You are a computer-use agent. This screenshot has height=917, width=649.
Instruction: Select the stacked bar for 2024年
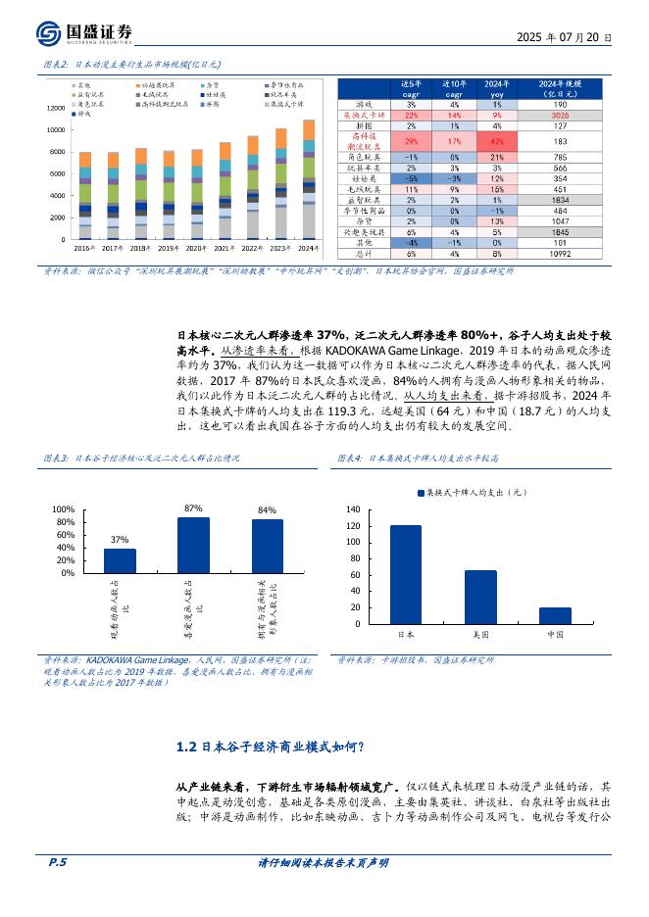coord(309,180)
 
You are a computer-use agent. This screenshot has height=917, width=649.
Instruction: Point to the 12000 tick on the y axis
coord(54,108)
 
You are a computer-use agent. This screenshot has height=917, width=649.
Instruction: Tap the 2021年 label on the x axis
coord(225,249)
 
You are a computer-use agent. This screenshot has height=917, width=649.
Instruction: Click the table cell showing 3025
coord(560,115)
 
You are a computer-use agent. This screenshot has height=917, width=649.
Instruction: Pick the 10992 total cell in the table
coord(560,254)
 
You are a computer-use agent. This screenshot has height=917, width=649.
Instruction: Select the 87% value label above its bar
coord(193,508)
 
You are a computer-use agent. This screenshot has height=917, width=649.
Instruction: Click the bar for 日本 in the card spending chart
coord(405,574)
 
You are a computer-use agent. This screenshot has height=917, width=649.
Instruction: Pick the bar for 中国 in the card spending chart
coord(555,615)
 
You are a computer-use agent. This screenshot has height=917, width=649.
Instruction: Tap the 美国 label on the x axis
coord(480,634)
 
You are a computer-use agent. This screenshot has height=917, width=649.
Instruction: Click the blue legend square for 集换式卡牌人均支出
coord(422,493)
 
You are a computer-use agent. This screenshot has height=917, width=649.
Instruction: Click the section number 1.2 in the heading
coord(187,748)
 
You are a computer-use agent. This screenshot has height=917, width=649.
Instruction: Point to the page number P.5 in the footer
coord(57,890)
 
